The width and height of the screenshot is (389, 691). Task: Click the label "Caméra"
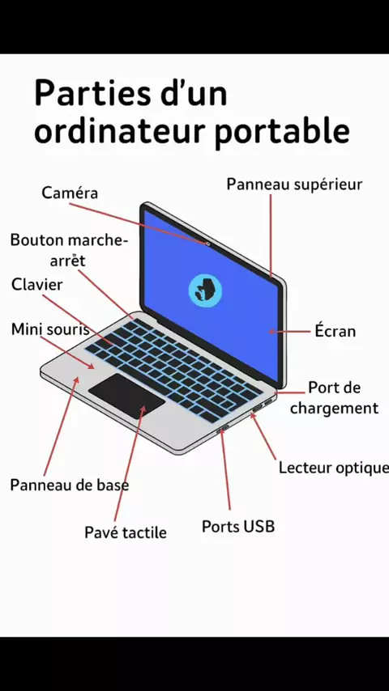[x=70, y=193]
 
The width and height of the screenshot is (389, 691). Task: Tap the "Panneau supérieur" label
[x=294, y=184]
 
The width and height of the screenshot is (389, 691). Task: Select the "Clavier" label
[x=37, y=284]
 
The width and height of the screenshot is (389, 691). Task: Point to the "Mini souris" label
[x=50, y=329]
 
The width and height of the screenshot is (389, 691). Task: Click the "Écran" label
[x=336, y=330]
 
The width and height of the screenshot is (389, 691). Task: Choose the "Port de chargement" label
[x=334, y=398]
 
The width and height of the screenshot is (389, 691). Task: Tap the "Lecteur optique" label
[x=333, y=468]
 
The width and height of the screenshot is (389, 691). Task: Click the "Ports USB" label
[x=238, y=526]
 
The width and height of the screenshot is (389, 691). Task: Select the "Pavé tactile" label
[x=126, y=532]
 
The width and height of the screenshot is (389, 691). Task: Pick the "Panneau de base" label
[x=70, y=485]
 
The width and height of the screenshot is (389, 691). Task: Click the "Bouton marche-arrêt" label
[x=68, y=250]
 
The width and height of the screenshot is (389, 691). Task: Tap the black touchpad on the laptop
[x=126, y=396]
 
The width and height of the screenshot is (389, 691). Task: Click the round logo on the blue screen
[x=205, y=290]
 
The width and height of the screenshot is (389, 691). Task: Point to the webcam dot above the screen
[x=207, y=243]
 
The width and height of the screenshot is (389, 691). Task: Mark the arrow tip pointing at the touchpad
[x=143, y=407]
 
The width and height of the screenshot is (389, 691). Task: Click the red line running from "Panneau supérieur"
[x=271, y=235]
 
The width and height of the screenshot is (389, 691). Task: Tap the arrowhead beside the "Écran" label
[x=272, y=331]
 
